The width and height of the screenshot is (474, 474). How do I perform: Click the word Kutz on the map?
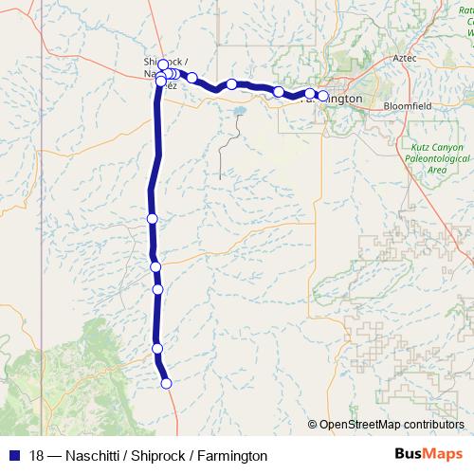point(422,149)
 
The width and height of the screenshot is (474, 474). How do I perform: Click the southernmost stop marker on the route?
point(166,383)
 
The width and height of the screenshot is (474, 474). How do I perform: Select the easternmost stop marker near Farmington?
point(323,95)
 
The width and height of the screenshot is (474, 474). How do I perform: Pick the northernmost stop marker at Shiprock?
point(162,64)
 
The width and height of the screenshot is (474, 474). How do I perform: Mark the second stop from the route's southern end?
point(157,349)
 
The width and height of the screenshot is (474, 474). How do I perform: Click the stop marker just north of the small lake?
point(231,84)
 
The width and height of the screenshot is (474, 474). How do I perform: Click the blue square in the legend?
point(13,455)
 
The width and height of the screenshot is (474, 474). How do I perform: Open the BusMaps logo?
point(428,454)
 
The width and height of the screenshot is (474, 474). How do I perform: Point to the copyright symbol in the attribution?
point(313,425)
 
